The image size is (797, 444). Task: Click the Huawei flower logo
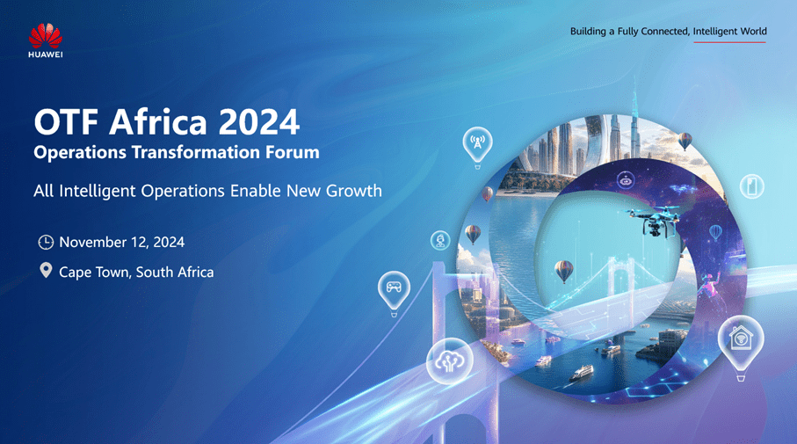pos(45,36)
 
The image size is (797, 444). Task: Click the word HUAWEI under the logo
pos(46,55)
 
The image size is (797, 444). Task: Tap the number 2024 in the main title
pos(259,122)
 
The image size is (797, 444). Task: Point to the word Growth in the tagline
pos(354,191)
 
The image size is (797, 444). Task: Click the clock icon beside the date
pos(46,242)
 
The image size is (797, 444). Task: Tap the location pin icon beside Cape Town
pos(46,270)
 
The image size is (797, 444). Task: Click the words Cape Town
pos(96,272)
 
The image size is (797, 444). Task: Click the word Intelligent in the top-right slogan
pos(714,31)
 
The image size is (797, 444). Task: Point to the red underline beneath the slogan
pos(729,42)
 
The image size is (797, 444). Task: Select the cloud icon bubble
pos(449,361)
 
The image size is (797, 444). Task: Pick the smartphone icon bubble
pos(752,186)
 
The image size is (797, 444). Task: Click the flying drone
pos(653,220)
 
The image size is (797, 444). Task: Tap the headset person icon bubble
pos(440,240)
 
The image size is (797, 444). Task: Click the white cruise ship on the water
pos(581,374)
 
